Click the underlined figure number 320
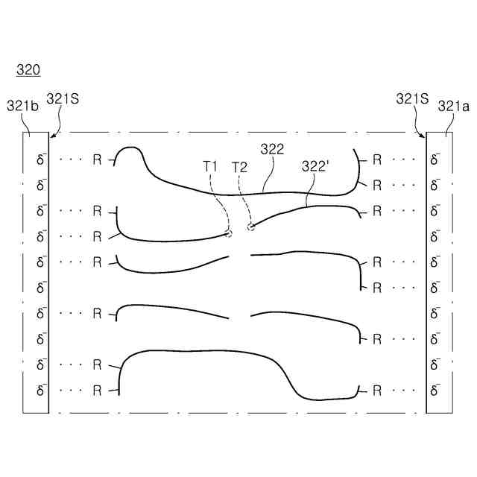28,69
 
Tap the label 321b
23,106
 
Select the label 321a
454,106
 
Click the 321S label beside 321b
63,99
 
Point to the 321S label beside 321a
412,99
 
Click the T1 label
210,167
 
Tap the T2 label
240,167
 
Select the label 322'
314,166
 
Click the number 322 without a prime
272,149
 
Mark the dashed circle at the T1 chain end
229,233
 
